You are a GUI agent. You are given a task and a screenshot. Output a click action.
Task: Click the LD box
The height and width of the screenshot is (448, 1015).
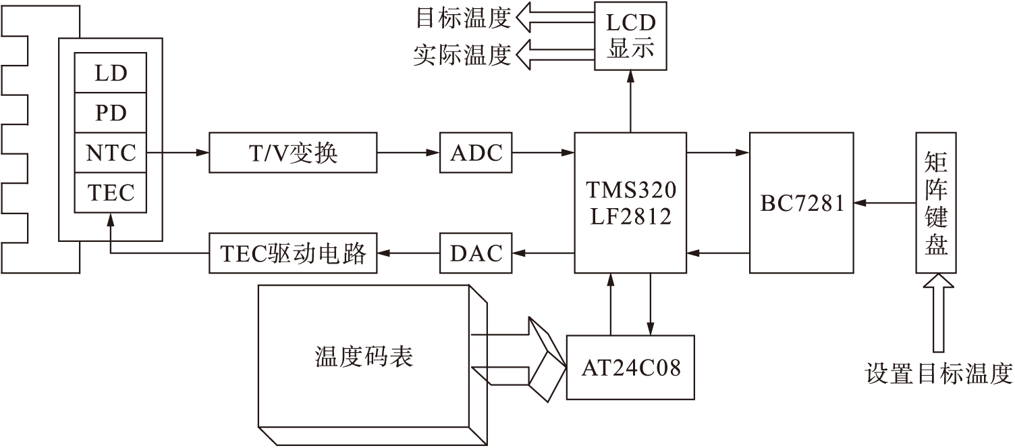(x=110, y=73)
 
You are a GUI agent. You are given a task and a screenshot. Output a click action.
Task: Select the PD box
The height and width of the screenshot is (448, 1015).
(x=110, y=112)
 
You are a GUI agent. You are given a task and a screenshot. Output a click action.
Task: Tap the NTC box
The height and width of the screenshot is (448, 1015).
(x=110, y=153)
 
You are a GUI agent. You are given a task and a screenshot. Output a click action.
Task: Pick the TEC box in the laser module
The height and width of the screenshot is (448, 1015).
(x=110, y=193)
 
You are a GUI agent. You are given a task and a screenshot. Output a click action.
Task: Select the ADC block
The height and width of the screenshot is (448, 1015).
(x=476, y=153)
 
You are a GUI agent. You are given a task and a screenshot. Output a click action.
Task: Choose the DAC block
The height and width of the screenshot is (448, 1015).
(x=476, y=253)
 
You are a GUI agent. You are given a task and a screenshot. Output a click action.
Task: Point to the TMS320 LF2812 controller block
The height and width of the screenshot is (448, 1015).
(x=630, y=203)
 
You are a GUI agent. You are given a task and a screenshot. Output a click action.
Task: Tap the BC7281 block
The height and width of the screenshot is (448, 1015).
(x=802, y=203)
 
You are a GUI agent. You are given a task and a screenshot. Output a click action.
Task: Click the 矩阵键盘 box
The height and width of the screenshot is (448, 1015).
(x=935, y=203)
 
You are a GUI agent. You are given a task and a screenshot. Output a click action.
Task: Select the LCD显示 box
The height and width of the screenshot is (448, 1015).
(x=630, y=35)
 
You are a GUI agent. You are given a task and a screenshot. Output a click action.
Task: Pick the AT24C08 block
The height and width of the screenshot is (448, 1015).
(x=630, y=367)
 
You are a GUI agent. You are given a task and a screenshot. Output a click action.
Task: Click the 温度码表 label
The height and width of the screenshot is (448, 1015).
(x=364, y=356)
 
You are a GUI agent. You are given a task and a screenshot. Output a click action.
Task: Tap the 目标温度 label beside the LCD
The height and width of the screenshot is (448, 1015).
(x=462, y=18)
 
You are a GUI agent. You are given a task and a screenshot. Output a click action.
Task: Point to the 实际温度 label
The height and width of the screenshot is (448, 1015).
(x=462, y=55)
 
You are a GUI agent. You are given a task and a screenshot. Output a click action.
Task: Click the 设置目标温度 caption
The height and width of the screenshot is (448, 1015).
(x=939, y=373)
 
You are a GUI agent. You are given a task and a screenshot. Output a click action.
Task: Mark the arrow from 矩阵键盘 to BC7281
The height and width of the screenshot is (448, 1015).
(x=885, y=202)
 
